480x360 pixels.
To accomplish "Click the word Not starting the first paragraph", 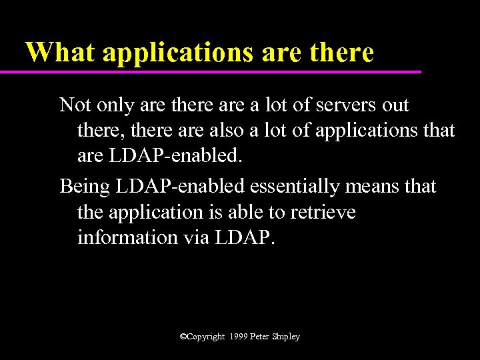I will click(75, 105).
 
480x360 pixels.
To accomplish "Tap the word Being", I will click(85, 187).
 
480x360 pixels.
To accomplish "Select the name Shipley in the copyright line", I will click(285, 337).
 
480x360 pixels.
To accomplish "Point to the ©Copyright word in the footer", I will click(202, 337).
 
